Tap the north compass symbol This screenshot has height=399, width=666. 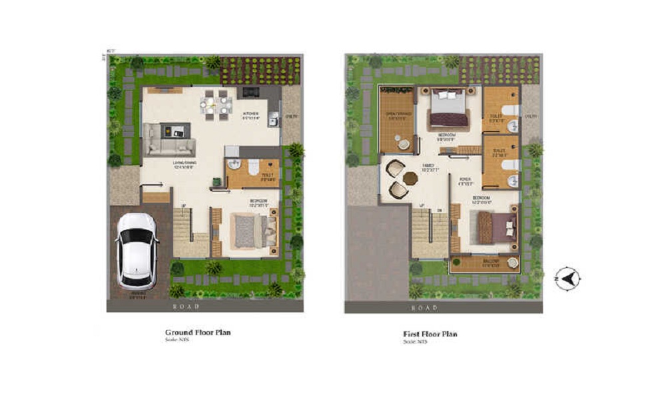point(568,277)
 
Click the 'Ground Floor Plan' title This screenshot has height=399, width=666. point(198,332)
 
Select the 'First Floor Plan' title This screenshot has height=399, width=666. point(430,334)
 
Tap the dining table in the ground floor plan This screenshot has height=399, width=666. point(216,105)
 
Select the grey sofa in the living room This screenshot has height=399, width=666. point(170,140)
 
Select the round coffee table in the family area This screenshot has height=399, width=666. point(410,178)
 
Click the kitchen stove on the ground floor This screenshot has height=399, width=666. point(251,92)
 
